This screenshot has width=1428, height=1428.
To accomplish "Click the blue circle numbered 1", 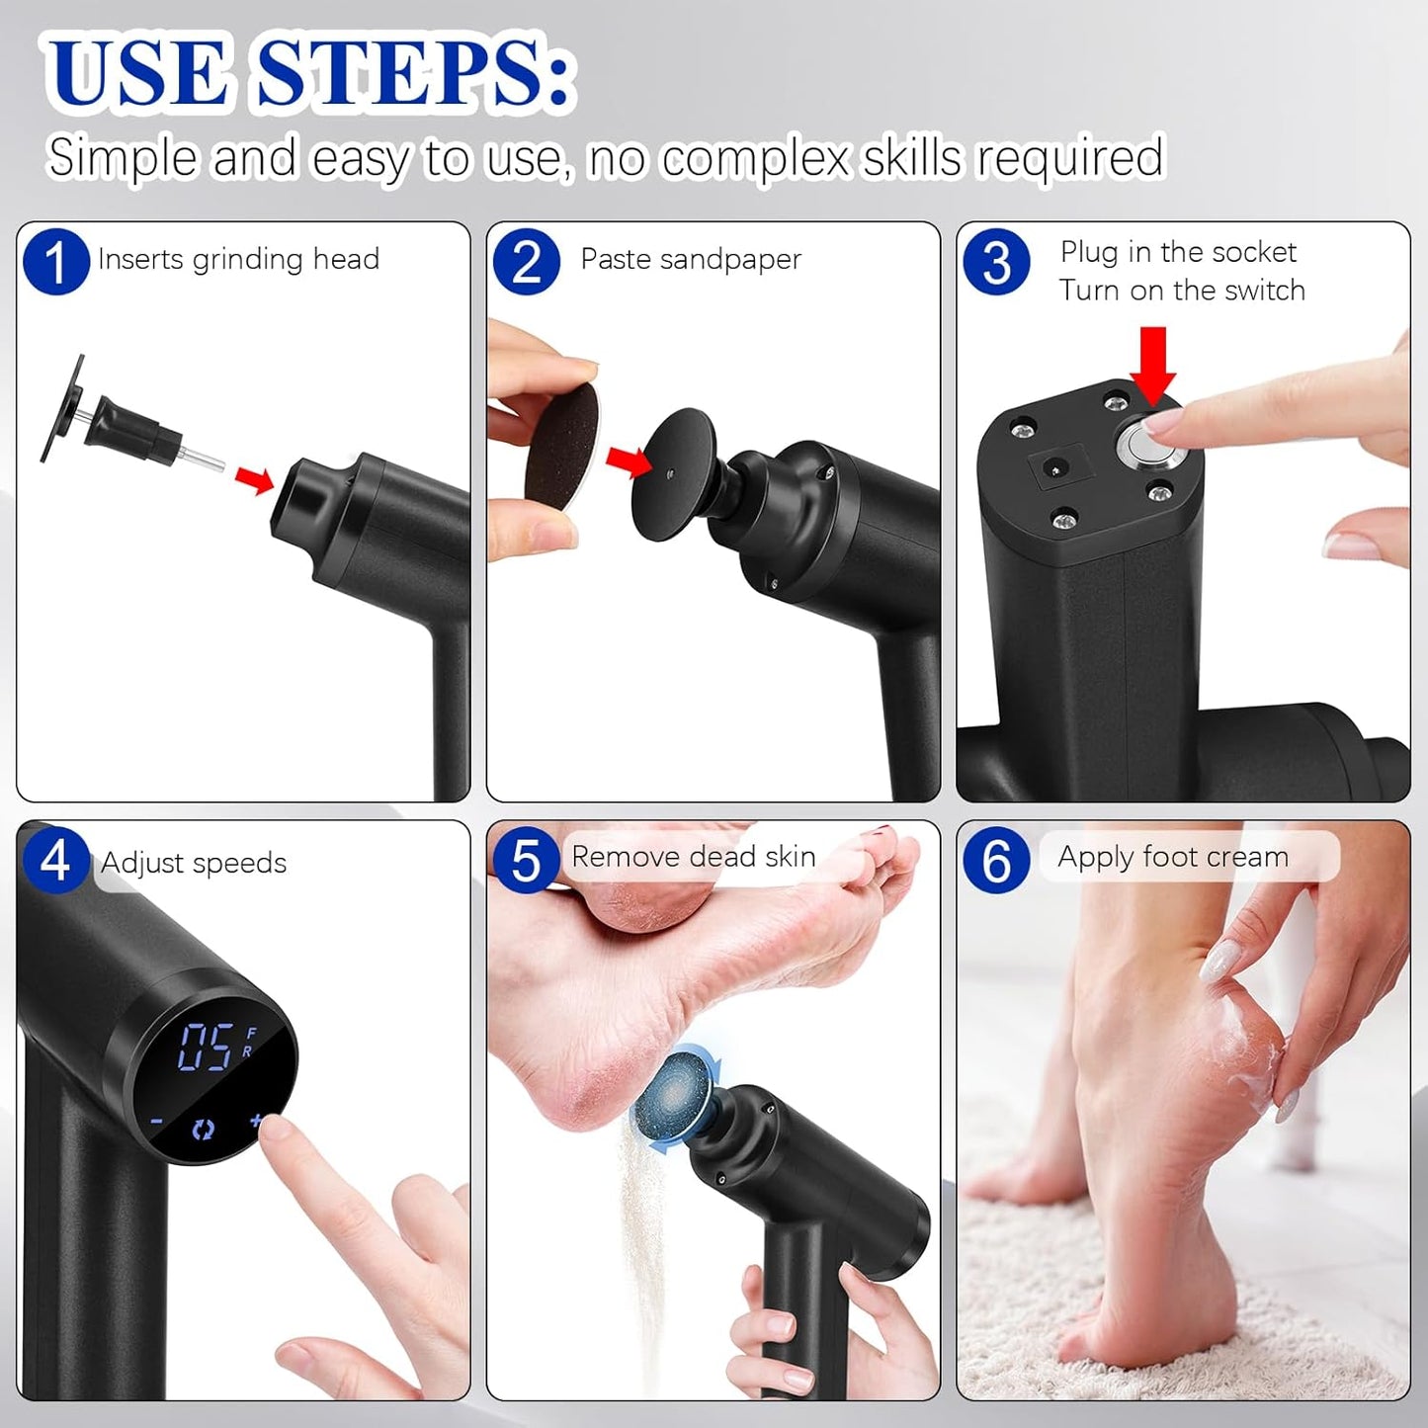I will click(56, 262).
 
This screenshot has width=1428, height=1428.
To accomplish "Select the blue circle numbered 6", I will click(996, 860).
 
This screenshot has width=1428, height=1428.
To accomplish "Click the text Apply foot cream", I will click(1173, 857).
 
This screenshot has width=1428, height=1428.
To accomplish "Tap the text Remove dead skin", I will click(694, 857).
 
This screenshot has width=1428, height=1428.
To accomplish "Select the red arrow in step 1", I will click(254, 479).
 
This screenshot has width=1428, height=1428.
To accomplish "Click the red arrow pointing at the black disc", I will click(629, 461).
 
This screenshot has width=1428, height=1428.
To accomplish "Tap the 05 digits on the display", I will click(206, 1048).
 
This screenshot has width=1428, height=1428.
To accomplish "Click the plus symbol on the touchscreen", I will click(257, 1121).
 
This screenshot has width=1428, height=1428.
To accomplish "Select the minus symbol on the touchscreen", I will click(157, 1123).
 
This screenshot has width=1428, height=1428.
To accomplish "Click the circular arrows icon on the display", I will click(204, 1130).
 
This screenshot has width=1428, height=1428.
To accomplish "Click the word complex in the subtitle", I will click(755, 158).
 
